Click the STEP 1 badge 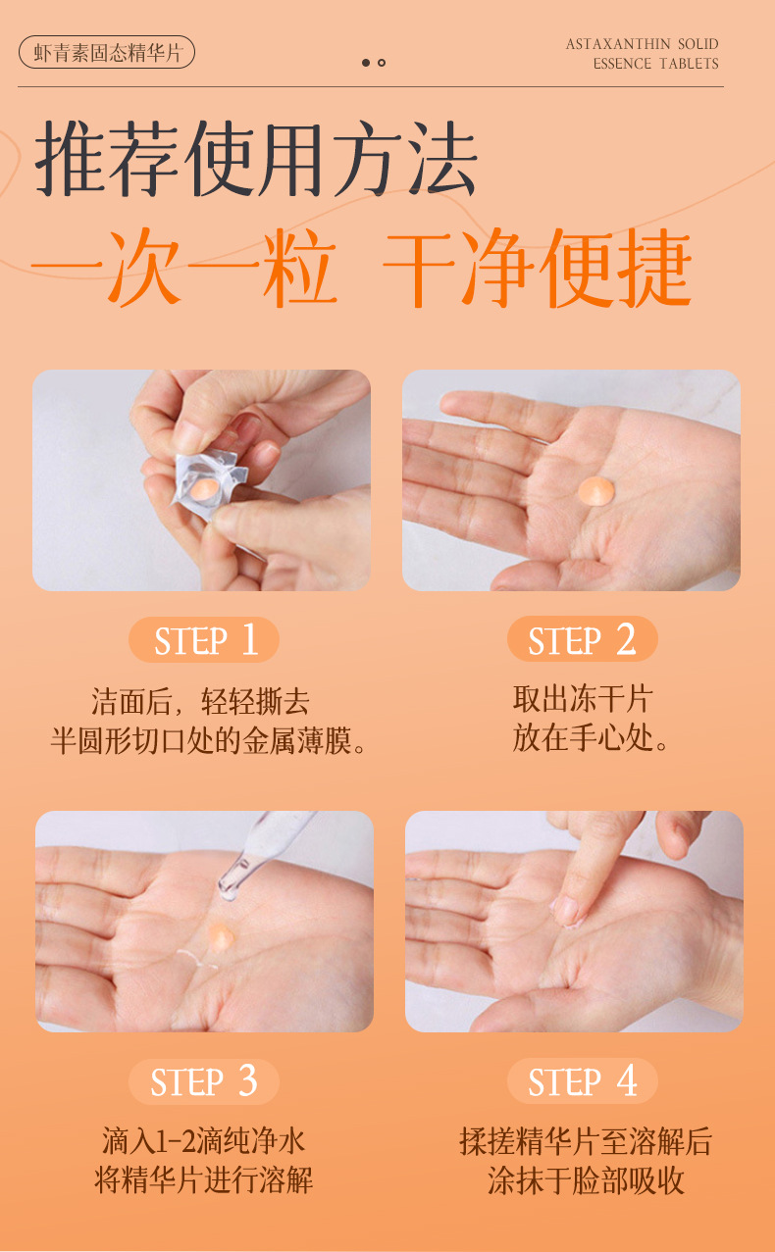(x=203, y=639)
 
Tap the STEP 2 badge (x=582, y=639)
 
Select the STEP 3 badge (x=203, y=1081)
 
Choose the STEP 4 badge (x=582, y=1080)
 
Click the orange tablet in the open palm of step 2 (x=596, y=491)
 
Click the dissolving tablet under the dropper (x=221, y=936)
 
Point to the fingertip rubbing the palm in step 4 (x=566, y=911)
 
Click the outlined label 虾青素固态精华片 (x=107, y=53)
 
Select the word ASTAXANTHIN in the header (x=618, y=44)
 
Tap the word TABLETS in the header (x=689, y=64)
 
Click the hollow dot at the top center (x=382, y=63)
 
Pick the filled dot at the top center (x=366, y=63)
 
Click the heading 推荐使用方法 (x=256, y=159)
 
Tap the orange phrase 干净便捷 (x=538, y=268)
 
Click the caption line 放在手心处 (x=591, y=738)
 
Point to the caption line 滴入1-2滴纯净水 (x=203, y=1141)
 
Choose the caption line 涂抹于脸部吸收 (x=586, y=1179)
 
